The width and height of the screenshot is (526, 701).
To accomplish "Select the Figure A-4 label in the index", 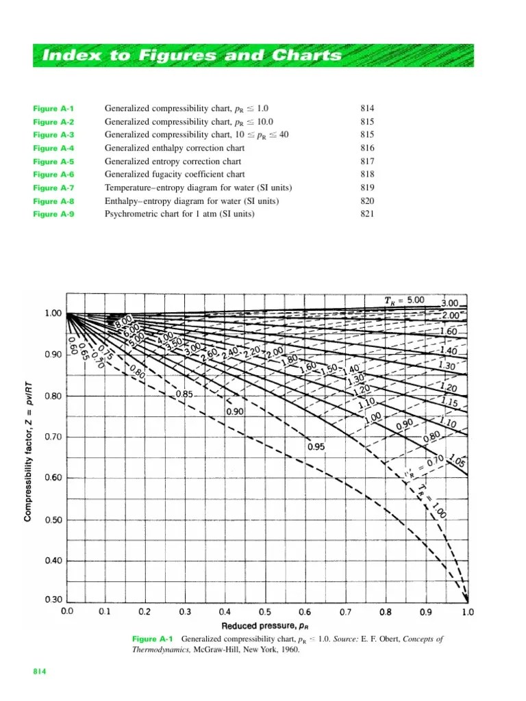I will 54,149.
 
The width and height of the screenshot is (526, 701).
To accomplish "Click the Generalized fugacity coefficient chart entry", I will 175,175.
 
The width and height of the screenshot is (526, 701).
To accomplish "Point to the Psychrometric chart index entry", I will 179,214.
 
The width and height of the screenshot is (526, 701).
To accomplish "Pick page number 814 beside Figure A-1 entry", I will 368,109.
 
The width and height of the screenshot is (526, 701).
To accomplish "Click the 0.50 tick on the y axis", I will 53,520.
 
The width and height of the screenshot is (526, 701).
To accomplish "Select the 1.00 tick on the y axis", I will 53,314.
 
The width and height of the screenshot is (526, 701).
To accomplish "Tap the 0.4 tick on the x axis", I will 225,611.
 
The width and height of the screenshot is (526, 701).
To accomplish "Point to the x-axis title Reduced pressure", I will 266,626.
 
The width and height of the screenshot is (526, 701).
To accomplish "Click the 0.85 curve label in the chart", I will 184,394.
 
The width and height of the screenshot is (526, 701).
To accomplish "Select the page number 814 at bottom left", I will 40,673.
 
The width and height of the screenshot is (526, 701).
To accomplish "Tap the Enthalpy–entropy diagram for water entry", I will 192,201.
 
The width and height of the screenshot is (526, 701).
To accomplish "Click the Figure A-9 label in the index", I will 54,214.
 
